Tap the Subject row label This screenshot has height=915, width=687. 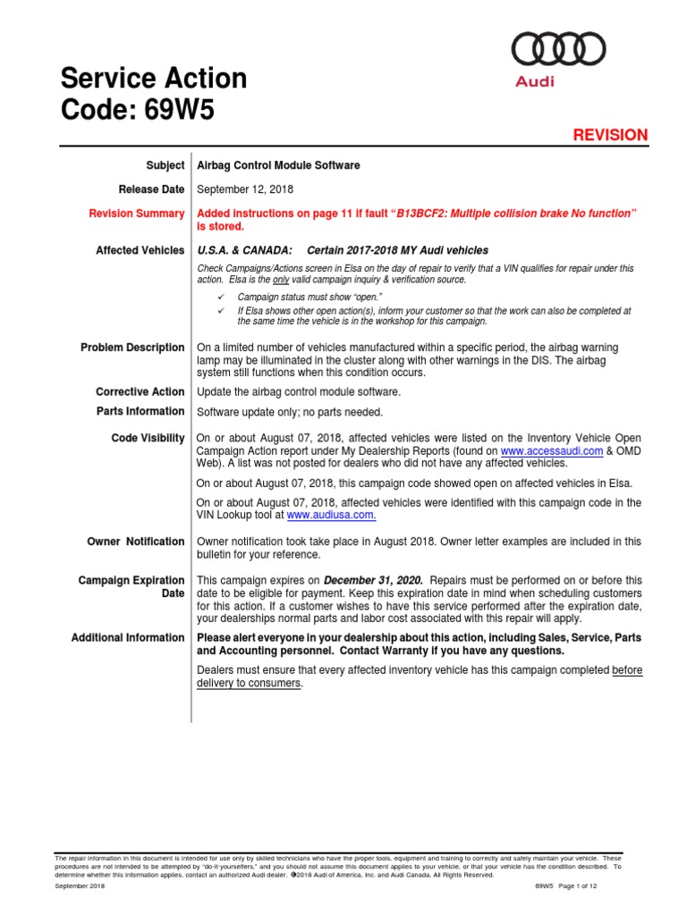tap(165, 165)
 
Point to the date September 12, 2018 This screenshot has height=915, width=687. tap(244, 189)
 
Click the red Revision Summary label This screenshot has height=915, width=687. tap(137, 214)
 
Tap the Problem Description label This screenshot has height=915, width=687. tap(132, 348)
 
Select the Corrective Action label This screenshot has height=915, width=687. tap(140, 392)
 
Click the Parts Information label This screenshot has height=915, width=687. tap(140, 412)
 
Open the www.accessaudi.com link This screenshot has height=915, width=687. tap(553, 452)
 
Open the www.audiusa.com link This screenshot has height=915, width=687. tap(330, 516)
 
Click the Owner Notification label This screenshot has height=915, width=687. tap(136, 541)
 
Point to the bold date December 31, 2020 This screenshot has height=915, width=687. tap(373, 581)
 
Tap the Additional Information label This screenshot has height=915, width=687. tap(128, 638)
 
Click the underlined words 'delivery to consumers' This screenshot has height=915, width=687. tap(249, 684)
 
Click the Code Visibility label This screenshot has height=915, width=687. tap(148, 439)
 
